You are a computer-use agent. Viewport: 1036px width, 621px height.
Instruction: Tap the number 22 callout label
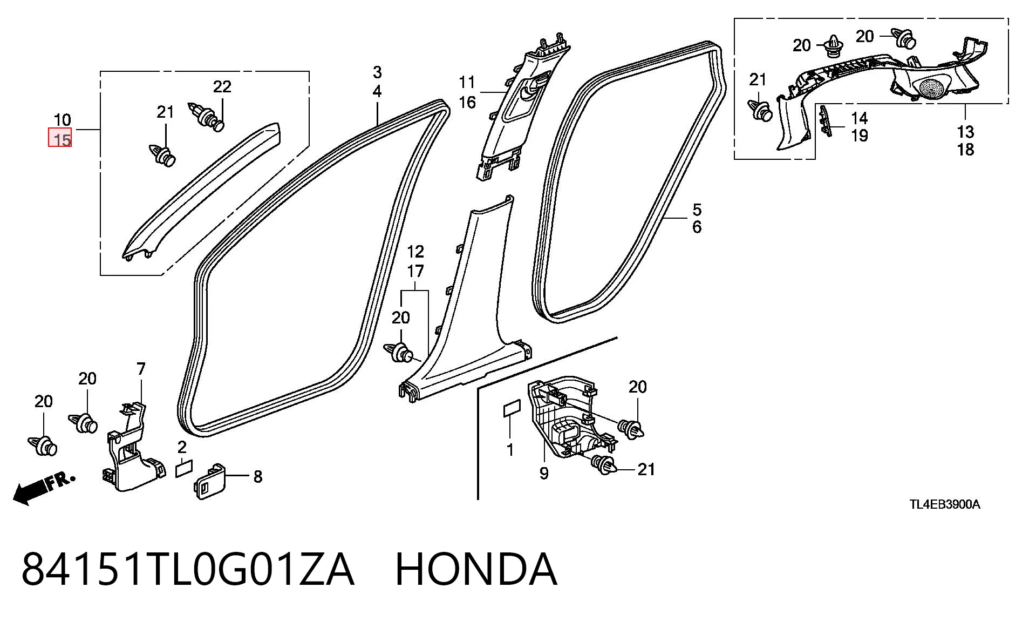(222, 86)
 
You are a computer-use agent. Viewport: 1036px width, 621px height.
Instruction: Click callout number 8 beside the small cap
(258, 476)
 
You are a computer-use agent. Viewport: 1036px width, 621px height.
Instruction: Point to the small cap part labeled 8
(209, 481)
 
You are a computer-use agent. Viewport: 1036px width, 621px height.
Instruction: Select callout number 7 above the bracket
(141, 369)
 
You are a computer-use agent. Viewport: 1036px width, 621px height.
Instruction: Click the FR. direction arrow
(44, 489)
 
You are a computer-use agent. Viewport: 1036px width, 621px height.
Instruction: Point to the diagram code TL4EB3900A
(944, 504)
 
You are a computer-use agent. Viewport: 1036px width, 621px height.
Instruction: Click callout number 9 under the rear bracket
(544, 473)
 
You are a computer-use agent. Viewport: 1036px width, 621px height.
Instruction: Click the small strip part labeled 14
(823, 125)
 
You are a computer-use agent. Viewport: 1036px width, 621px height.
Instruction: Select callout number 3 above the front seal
(377, 72)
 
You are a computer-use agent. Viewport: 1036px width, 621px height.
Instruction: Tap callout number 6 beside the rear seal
(697, 227)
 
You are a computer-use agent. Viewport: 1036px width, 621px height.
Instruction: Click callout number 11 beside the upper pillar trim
(467, 83)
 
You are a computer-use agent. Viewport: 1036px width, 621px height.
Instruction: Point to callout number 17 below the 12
(415, 271)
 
